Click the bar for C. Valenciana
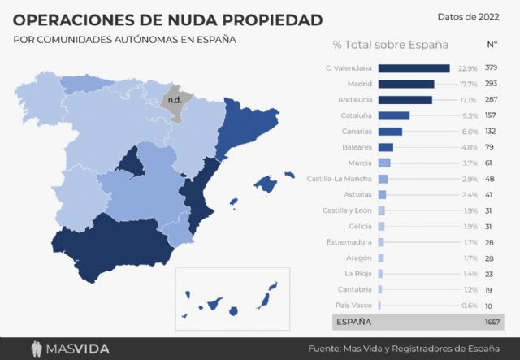pyautogui.click(x=414, y=68)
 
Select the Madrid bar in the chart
pyautogui.click(x=406, y=84)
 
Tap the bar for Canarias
pyautogui.click(x=390, y=132)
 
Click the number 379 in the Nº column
pyautogui.click(x=492, y=68)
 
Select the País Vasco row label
pyautogui.click(x=354, y=306)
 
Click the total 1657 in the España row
pyautogui.click(x=491, y=323)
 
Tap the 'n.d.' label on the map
pyautogui.click(x=174, y=101)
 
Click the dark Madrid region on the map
pyautogui.click(x=130, y=163)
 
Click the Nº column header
pyautogui.click(x=492, y=45)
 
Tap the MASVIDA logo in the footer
pyautogui.click(x=69, y=349)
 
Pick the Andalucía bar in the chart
pyautogui.click(x=405, y=100)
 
